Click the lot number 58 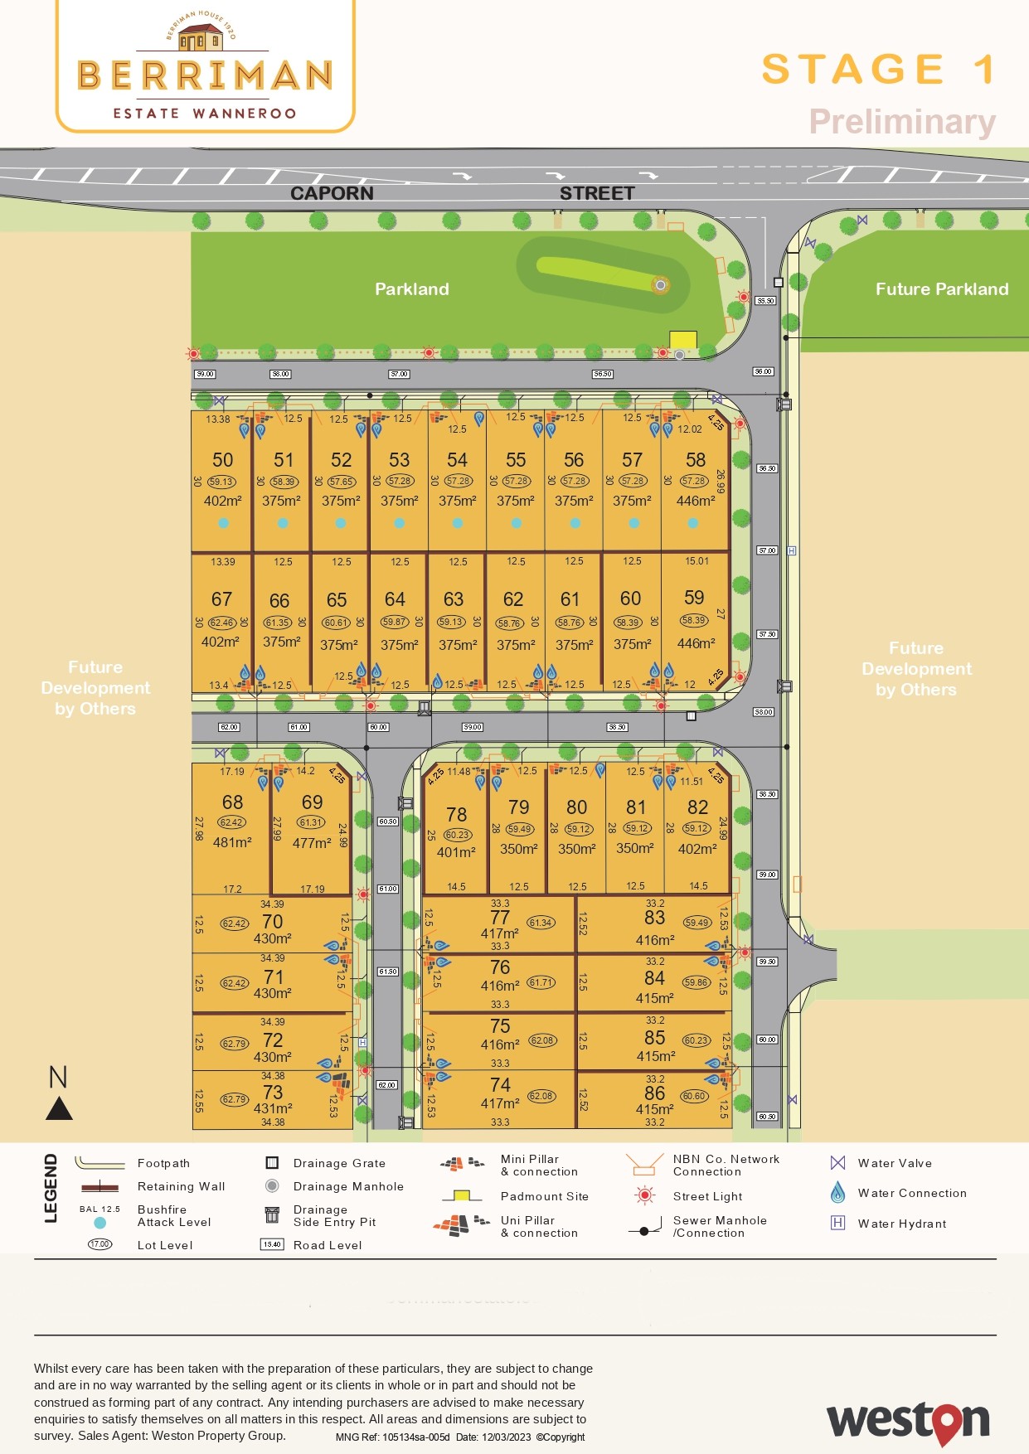[x=696, y=460]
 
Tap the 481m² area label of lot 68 [x=232, y=842]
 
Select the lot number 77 [x=500, y=918]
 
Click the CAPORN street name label [x=332, y=193]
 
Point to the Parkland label [x=412, y=289]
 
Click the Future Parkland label [x=942, y=289]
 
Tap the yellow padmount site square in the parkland [x=683, y=340]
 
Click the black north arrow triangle [x=59, y=1108]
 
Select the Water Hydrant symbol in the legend [x=838, y=1223]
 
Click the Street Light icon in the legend [x=644, y=1195]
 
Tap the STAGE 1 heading [x=877, y=70]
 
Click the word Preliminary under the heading [x=902, y=122]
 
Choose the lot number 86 [x=655, y=1093]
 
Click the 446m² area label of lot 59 [x=696, y=643]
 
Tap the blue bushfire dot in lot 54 [x=458, y=523]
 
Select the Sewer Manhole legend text [x=720, y=1220]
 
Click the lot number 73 [x=273, y=1093]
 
